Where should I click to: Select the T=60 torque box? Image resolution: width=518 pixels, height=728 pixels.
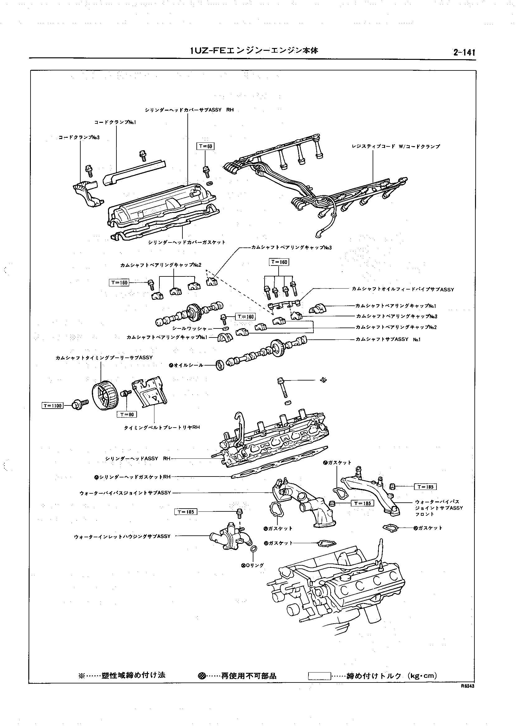coord(205,146)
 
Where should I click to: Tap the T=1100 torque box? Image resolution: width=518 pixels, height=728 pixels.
coord(53,405)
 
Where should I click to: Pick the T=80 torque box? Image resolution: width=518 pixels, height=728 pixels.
coord(127,414)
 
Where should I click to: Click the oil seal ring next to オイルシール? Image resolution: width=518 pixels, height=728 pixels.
coord(220,365)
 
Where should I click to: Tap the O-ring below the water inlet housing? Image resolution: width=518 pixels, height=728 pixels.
coord(254,549)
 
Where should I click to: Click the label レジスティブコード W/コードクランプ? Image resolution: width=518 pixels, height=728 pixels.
coord(396,146)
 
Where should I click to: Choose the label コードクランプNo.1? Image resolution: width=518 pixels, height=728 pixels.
coord(115,122)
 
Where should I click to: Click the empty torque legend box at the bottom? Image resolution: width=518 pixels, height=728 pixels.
coord(319,676)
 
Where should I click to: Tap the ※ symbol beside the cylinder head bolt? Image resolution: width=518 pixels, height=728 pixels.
coord(324,380)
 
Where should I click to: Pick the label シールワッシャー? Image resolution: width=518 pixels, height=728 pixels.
coord(192,328)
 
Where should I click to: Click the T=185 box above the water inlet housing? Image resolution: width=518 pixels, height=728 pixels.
coord(186,512)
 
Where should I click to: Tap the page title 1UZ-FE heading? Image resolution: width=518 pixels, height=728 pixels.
coord(254,50)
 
